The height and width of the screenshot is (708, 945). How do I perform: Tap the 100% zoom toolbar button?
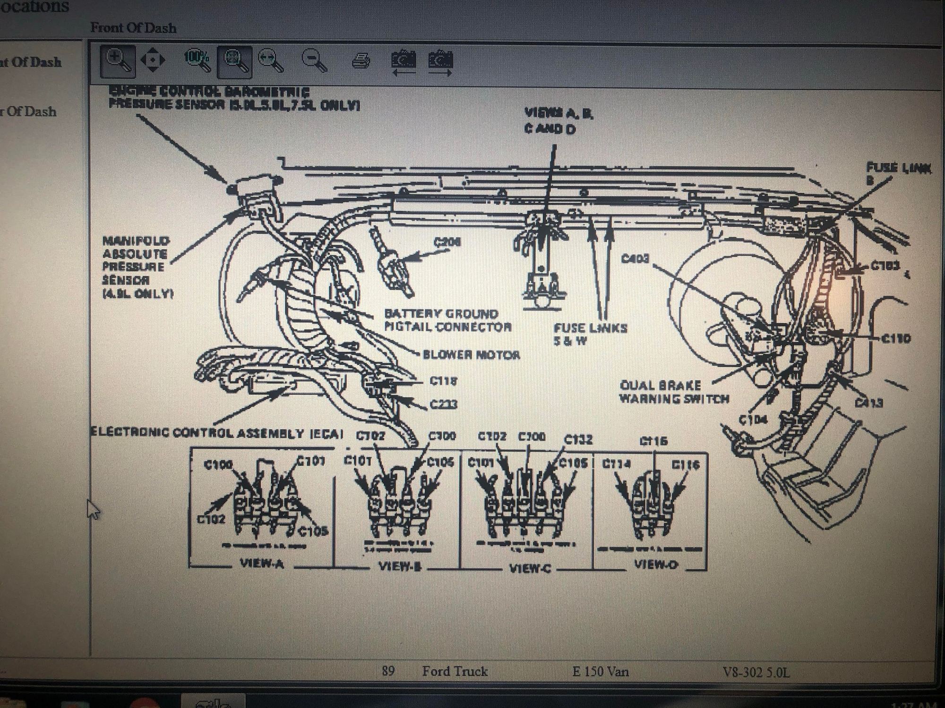tap(197, 60)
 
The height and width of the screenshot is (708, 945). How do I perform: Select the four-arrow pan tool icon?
tap(153, 60)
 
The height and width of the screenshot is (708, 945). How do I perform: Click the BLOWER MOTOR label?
tap(471, 355)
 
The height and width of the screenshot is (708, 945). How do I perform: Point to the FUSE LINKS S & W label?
tap(590, 334)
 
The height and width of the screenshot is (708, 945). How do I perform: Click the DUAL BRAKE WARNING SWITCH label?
tap(674, 392)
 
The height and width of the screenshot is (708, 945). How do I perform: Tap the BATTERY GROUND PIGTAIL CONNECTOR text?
tap(447, 320)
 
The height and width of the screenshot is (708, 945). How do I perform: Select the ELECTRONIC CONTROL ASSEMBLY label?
tap(216, 433)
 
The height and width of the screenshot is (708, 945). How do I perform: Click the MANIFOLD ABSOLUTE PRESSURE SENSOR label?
tap(136, 267)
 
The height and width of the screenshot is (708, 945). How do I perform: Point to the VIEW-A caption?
tap(262, 564)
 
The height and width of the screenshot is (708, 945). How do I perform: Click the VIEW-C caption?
tap(530, 568)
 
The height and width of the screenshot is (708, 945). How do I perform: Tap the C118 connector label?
tap(443, 380)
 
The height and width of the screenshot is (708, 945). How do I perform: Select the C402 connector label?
tap(635, 259)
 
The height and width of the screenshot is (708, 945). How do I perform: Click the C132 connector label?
tap(578, 439)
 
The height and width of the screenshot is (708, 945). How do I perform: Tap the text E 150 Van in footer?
tap(600, 671)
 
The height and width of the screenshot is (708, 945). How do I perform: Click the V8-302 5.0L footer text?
tap(756, 672)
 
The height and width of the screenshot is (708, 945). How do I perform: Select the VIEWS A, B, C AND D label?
tap(558, 121)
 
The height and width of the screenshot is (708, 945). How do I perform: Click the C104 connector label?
tap(753, 420)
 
